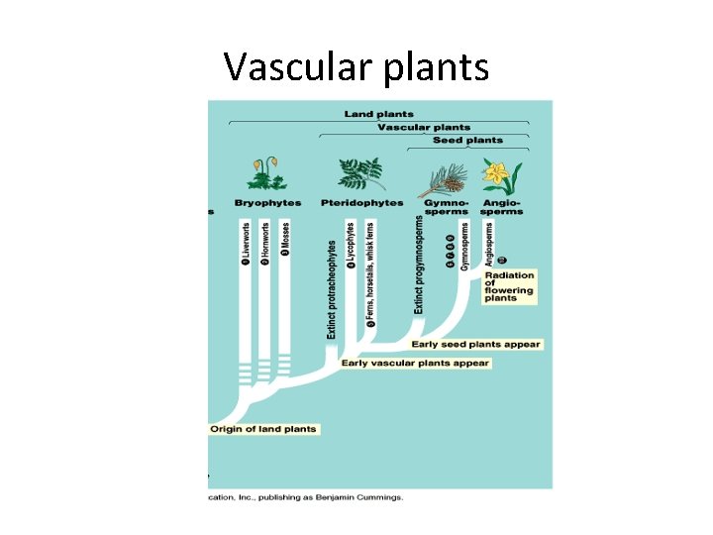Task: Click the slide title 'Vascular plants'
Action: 356,66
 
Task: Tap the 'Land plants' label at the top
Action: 378,114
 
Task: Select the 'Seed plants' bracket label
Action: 467,141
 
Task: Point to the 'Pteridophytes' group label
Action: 361,203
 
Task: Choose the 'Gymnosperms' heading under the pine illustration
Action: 445,207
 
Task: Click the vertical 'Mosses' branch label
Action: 284,239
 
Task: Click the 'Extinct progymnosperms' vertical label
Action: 419,265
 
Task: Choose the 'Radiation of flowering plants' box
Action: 509,286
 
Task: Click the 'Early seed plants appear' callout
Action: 476,345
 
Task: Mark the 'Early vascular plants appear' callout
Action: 415,363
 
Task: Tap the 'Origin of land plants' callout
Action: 263,429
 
